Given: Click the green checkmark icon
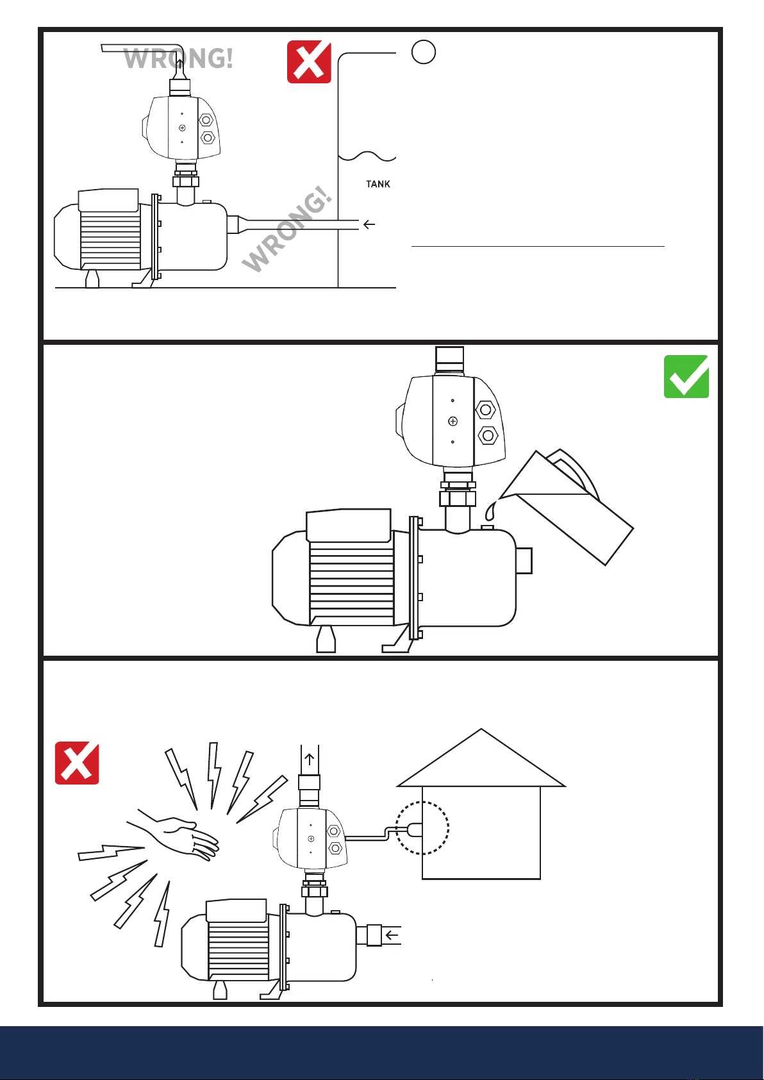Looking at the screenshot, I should pos(686,376).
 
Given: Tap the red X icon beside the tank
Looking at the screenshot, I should pos(309,62).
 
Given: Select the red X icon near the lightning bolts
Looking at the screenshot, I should pos(77,763).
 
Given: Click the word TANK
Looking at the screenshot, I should pos(378,184).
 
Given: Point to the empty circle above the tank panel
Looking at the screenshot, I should pos(424,51).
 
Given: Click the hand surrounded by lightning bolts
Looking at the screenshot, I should pos(179,835).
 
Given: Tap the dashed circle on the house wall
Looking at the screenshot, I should pos(422,828).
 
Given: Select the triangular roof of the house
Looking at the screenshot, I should pos(481,763).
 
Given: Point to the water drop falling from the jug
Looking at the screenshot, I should pos(491,511).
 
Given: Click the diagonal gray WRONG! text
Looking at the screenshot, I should pos(288,231).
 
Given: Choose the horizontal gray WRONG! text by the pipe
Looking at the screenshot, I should pos(178,59).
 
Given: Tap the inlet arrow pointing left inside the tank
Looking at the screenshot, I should pos(369,224).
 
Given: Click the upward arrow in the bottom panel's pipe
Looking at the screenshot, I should pos(310,760).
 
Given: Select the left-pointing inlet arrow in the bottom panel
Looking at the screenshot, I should pos(392,935).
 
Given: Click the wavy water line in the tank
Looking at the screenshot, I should pos(367,156).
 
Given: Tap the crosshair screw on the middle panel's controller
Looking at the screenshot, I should pos(453,421).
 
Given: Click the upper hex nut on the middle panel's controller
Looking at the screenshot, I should pos(485,410).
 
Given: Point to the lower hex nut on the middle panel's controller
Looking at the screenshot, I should pos(488,436).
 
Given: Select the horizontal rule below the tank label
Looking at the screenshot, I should pos(537,246).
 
